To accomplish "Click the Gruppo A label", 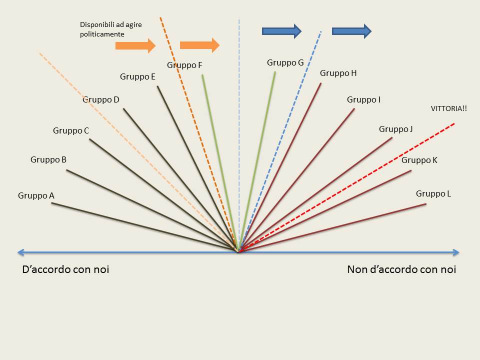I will tap(36, 196).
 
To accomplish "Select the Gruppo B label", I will tap(48, 160).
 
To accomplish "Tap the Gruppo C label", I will tap(71, 131).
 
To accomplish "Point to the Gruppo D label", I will tap(101, 99).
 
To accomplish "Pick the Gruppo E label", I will tap(137, 76).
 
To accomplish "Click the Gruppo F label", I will tap(184, 65).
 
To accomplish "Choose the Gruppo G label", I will tap(285, 62).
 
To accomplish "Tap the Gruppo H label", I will tap(338, 73).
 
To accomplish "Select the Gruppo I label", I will tap(363, 99).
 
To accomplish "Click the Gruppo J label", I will tap(395, 129).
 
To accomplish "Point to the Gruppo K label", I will tap(419, 160).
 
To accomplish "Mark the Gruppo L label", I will tap(433, 193).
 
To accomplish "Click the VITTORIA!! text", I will tap(448, 108).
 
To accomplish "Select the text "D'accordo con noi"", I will tap(65, 269).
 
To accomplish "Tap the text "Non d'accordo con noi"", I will tap(401, 269).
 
